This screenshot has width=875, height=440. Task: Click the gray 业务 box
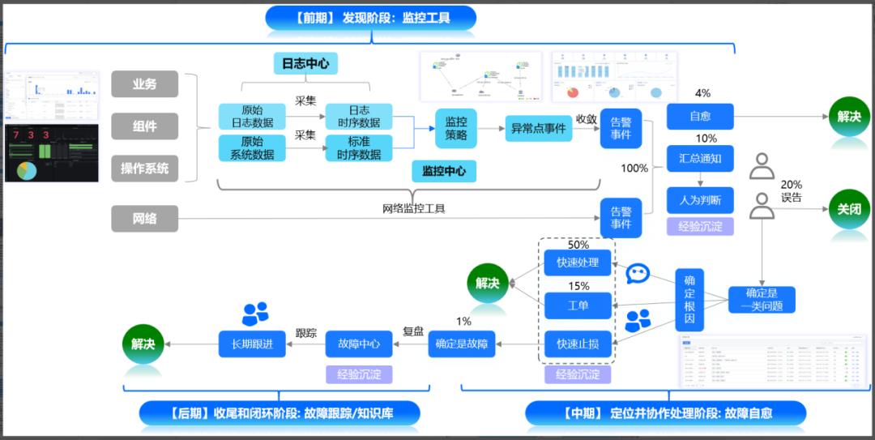point(144,84)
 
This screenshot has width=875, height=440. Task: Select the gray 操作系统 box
point(144,169)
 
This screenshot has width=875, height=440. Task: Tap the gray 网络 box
point(144,219)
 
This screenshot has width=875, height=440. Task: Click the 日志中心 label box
point(305,64)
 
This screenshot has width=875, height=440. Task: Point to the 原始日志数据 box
point(252,116)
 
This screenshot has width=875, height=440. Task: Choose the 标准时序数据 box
point(359,147)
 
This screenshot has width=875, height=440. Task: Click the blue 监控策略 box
point(456,128)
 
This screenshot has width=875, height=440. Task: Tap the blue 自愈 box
point(700,117)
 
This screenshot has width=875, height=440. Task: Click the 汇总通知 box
point(700,159)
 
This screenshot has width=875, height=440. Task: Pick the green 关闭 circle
point(849,209)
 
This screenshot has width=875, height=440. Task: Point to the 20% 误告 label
point(791,191)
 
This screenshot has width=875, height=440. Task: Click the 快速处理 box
point(578,263)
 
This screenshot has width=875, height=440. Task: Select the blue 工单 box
point(578,305)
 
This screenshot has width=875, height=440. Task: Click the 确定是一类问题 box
point(762,300)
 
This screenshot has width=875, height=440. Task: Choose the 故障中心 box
point(359,344)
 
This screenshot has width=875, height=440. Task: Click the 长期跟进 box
point(252,344)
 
